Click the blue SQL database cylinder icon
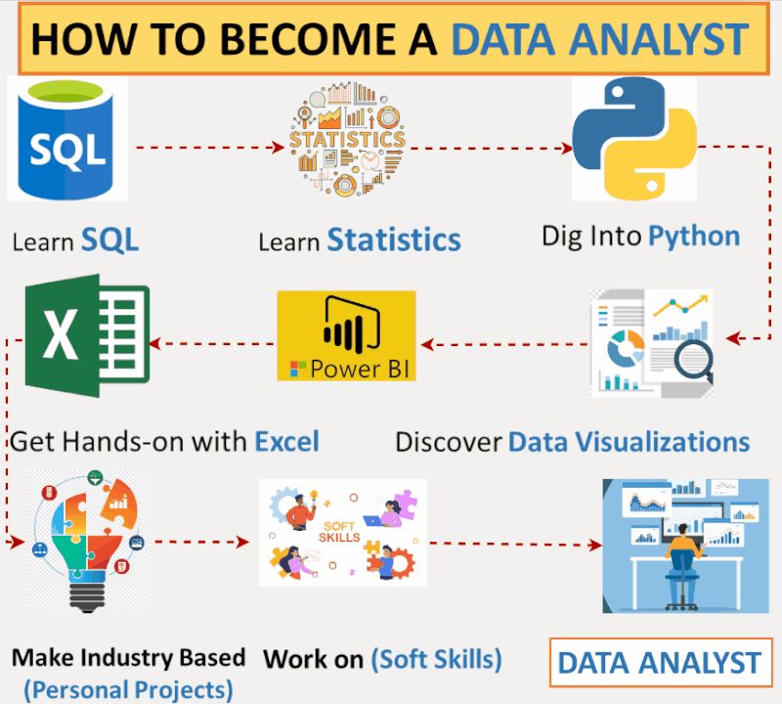[66, 139]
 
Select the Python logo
[634, 138]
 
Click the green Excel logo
[87, 335]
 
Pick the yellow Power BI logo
[346, 335]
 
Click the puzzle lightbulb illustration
[88, 541]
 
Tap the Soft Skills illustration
[343, 532]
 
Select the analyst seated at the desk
[683, 564]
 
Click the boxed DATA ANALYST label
[661, 662]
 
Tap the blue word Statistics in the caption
[394, 240]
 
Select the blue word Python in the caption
[694, 237]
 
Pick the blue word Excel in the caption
[286, 442]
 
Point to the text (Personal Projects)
[129, 690]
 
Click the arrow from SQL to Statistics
[210, 148]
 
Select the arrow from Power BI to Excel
[212, 343]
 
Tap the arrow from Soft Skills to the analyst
[516, 545]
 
